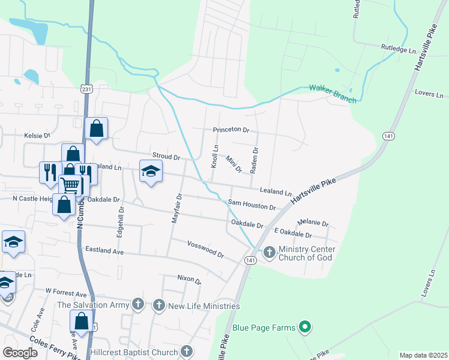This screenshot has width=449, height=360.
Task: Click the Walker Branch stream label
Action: click(x=333, y=93)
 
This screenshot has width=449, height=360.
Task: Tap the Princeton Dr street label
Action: click(x=231, y=130)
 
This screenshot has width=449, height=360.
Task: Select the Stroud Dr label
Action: click(x=166, y=157)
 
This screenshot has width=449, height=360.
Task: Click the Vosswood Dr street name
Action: click(x=205, y=250)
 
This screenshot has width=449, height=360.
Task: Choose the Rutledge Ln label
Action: click(x=399, y=48)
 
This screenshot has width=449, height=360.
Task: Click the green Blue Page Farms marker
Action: click(x=305, y=327)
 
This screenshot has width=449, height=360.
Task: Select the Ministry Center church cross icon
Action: click(x=268, y=253)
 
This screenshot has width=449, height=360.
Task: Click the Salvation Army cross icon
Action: click(x=139, y=304)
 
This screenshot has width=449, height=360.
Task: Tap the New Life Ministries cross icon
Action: click(x=159, y=305)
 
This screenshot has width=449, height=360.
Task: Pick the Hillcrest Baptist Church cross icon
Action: click(x=187, y=351)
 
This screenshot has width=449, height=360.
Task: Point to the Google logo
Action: click(x=19, y=352)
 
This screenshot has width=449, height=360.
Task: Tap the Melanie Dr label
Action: click(x=317, y=223)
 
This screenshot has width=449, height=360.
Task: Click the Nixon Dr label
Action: click(x=189, y=279)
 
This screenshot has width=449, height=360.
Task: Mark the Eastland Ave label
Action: click(x=104, y=249)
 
